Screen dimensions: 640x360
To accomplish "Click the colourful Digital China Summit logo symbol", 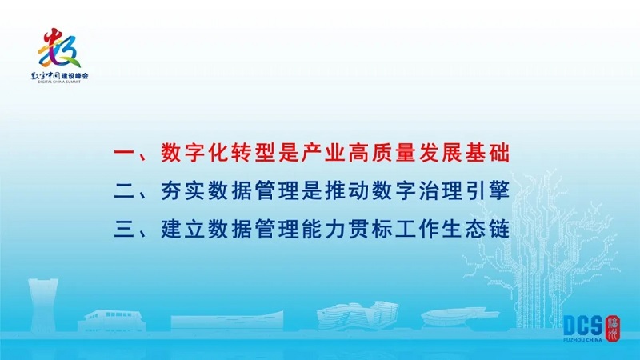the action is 59,48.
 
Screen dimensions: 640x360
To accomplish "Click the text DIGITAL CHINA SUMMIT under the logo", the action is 59,82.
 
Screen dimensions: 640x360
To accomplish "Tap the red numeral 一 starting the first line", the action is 124,154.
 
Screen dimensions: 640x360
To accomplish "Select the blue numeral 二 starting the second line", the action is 124,192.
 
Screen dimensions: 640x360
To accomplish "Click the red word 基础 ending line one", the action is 487,154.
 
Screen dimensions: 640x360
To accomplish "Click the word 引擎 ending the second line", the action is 487,192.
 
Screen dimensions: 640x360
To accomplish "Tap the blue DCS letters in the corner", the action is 583,326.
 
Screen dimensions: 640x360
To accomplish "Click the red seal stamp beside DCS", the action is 613,327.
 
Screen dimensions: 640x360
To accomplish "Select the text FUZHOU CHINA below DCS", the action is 582,340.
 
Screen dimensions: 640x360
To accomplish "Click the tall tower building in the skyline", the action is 42,306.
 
